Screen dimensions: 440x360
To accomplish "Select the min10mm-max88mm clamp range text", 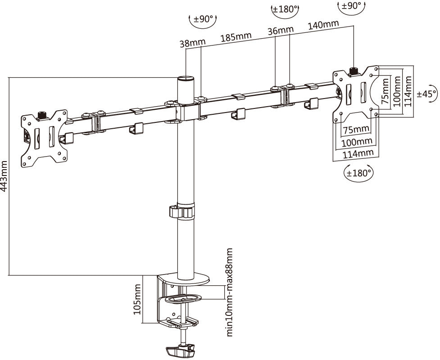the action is [x=230, y=292].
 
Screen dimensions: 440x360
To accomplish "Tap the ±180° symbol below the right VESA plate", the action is [x=359, y=172].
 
